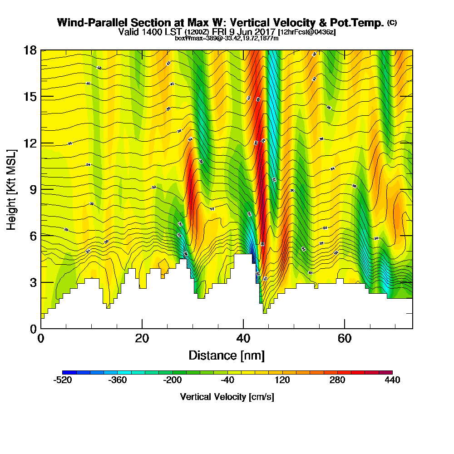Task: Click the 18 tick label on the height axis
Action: (30, 50)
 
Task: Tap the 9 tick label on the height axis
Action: (33, 190)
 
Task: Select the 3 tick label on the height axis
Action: (33, 282)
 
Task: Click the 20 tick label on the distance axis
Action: (142, 339)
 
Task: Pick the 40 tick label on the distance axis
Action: (243, 339)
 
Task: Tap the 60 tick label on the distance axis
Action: (345, 339)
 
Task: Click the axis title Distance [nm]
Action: (227, 355)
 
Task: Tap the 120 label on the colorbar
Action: (282, 380)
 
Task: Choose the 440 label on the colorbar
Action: (391, 380)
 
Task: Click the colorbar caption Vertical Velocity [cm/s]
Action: (227, 397)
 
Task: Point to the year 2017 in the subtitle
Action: (265, 32)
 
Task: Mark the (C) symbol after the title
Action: (392, 22)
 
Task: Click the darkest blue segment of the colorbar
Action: (69, 372)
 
